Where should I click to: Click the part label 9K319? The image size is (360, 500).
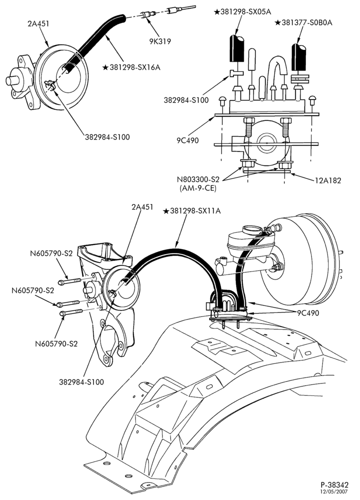[160, 41]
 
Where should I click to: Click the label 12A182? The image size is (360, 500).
[328, 180]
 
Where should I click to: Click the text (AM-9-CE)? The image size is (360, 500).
[198, 188]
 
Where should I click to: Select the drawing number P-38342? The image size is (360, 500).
[334, 485]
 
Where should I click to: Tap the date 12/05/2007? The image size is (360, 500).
[334, 491]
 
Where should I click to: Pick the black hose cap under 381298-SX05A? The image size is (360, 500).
[236, 48]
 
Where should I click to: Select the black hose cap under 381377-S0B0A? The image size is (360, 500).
[299, 57]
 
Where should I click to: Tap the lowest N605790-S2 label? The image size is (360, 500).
[56, 344]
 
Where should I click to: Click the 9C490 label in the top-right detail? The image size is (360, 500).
[187, 140]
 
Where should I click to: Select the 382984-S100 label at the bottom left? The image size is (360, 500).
[81, 381]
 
